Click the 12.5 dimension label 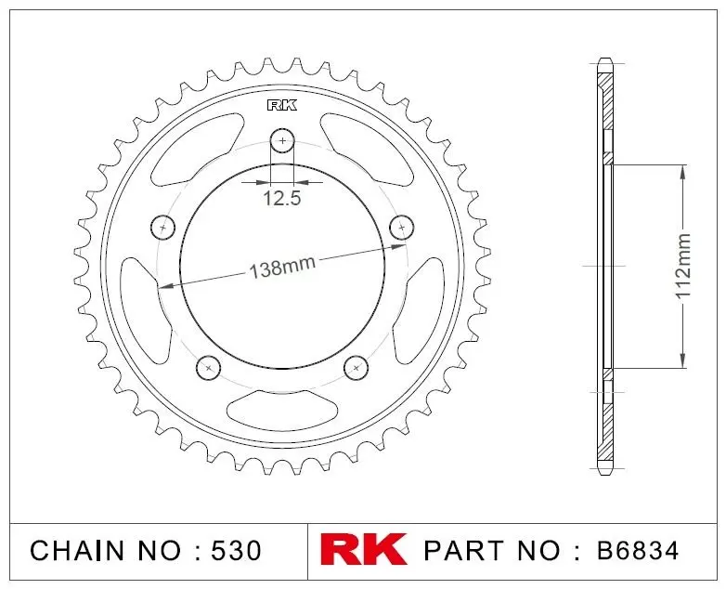pyautogui.click(x=282, y=198)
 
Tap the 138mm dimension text pyautogui.click(x=282, y=267)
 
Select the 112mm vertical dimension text pyautogui.click(x=683, y=267)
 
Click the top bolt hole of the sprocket pyautogui.click(x=282, y=140)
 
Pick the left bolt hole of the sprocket pyautogui.click(x=163, y=227)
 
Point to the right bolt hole pyautogui.click(x=402, y=227)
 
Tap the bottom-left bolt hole pyautogui.click(x=208, y=368)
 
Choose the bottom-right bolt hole pyautogui.click(x=357, y=368)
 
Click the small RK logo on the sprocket pyautogui.click(x=282, y=106)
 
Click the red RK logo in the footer pyautogui.click(x=363, y=550)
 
